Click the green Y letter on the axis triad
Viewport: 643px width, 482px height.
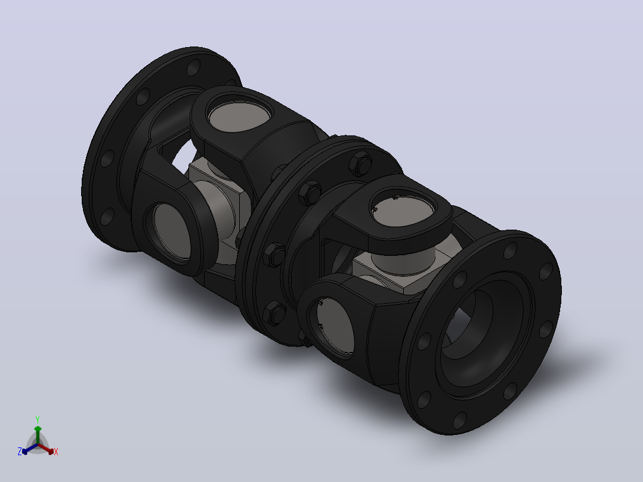pyautogui.click(x=38, y=419)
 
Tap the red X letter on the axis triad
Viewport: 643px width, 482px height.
pyautogui.click(x=56, y=452)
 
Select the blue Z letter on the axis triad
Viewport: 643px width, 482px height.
pyautogui.click(x=20, y=452)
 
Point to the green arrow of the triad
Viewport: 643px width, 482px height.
pyautogui.click(x=38, y=435)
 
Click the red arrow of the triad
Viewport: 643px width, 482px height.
pyautogui.click(x=46, y=449)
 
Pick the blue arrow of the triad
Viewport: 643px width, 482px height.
pyautogui.click(x=30, y=449)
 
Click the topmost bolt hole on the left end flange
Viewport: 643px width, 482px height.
pyautogui.click(x=193, y=67)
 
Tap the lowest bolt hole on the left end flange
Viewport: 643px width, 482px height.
pyautogui.click(x=107, y=217)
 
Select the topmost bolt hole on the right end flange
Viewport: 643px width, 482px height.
pyautogui.click(x=510, y=250)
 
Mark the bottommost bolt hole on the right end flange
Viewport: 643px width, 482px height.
pyautogui.click(x=460, y=421)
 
